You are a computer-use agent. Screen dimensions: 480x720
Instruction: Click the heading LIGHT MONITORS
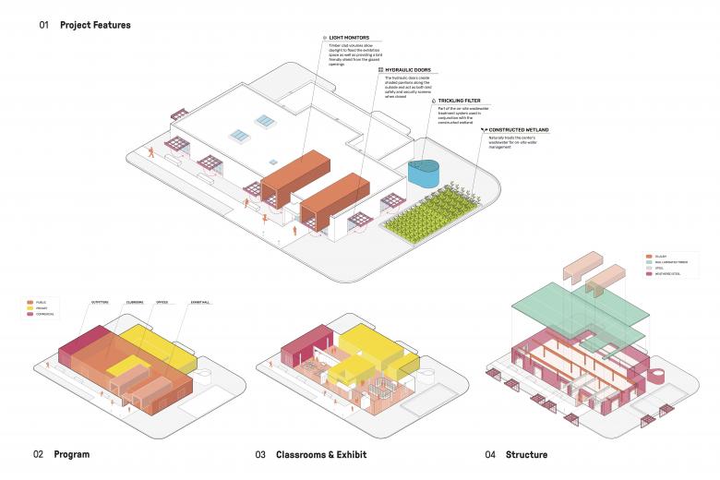point(352,38)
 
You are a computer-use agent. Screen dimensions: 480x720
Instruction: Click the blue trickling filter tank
point(425,173)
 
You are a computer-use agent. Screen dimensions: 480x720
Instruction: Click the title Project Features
point(95,25)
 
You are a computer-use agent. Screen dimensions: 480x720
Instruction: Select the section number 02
point(38,454)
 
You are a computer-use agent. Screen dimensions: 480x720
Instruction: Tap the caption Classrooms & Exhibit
point(321,454)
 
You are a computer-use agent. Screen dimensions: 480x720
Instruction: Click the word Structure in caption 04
point(526,454)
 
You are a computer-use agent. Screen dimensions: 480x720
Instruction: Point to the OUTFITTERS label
point(101,302)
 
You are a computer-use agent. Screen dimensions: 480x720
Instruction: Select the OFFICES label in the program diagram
point(163,302)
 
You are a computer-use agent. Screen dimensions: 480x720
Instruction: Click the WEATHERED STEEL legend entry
point(669,273)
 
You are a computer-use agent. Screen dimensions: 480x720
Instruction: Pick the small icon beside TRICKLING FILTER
point(442,100)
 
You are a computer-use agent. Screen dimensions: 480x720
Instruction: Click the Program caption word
point(71,454)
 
